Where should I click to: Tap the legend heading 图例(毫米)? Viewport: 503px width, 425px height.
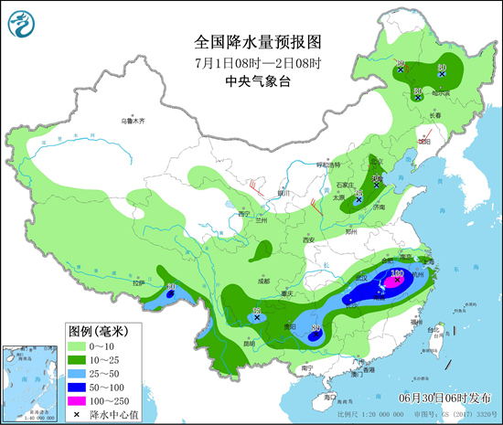tap(100, 330)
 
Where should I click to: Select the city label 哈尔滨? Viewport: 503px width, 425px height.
tap(443, 92)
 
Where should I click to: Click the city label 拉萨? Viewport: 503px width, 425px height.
tap(138, 283)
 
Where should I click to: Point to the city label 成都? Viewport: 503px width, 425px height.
tap(263, 282)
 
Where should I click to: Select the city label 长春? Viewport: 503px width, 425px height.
tap(434, 115)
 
